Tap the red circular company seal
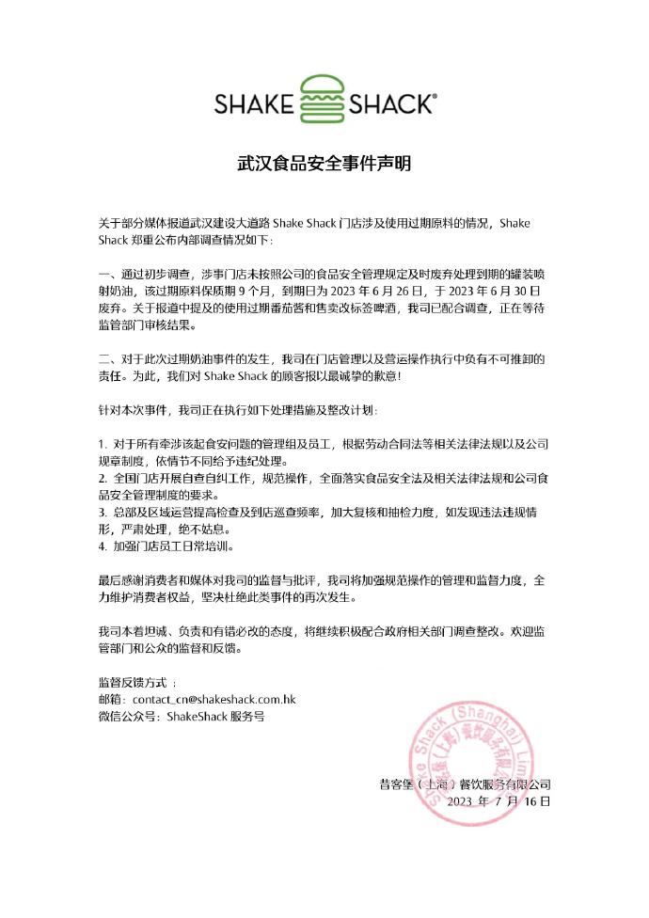coord(470,761)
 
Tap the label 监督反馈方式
coord(132,682)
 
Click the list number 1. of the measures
coord(103,442)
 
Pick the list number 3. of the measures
coord(103,513)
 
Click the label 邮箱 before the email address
coord(111,700)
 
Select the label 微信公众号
coord(129,717)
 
